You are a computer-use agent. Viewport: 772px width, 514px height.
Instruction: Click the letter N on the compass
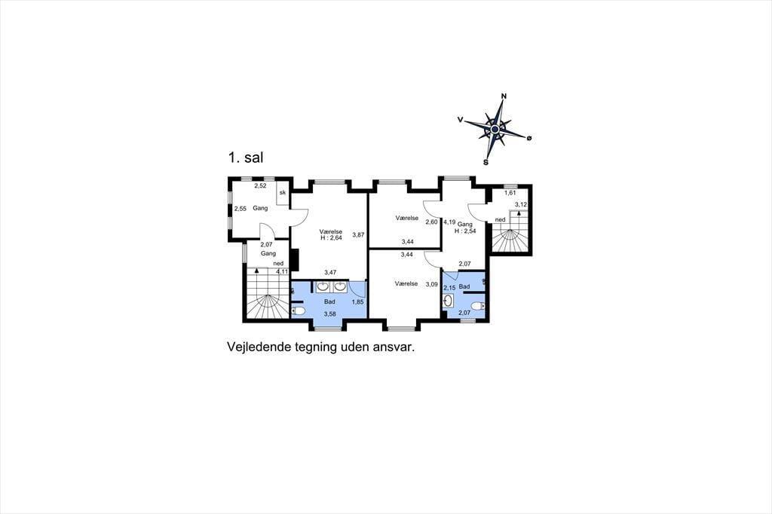pos(504,96)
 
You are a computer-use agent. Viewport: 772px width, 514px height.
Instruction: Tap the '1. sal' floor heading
pos(246,158)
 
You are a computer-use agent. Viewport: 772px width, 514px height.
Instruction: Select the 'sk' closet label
pos(283,192)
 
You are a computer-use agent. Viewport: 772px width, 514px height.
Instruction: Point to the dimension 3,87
pos(358,235)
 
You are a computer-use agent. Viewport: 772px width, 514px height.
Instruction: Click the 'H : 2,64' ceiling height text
pos(331,238)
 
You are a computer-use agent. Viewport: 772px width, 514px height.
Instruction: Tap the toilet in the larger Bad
pos(299,311)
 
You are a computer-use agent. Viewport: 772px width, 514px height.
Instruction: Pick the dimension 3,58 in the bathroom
pos(330,314)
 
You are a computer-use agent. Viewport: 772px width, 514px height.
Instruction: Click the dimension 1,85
pos(357,301)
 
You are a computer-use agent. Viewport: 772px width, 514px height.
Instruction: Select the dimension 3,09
pos(431,284)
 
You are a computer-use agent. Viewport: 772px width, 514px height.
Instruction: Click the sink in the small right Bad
pos(448,301)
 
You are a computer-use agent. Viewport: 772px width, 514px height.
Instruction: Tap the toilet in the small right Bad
pos(478,306)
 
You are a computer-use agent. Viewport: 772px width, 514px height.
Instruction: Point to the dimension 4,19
pos(449,222)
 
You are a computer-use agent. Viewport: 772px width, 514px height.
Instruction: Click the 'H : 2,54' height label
pos(465,231)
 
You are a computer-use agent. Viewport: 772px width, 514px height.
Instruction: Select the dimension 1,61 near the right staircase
pos(510,193)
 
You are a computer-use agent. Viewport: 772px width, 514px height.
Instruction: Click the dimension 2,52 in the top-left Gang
pos(260,185)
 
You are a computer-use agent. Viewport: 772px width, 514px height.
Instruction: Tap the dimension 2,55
pos(240,209)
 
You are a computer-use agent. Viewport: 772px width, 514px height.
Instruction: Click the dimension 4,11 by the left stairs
pos(282,271)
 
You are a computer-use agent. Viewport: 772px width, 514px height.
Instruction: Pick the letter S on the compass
pos(486,162)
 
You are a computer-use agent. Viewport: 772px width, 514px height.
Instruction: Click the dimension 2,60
pos(431,222)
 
